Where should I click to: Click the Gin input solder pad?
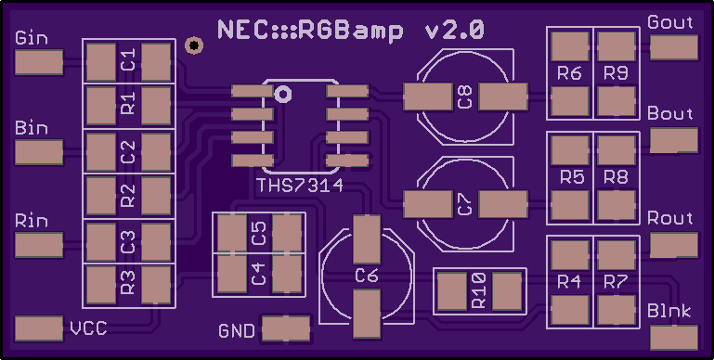39,62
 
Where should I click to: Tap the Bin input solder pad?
39,152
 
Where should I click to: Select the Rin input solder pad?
39,245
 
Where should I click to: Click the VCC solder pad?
39,328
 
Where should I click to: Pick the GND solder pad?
286,328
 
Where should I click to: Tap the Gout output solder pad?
674,47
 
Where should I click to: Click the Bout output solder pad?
674,140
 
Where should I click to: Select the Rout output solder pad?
674,245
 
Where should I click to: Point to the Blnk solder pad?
674,338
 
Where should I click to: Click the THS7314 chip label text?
300,186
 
